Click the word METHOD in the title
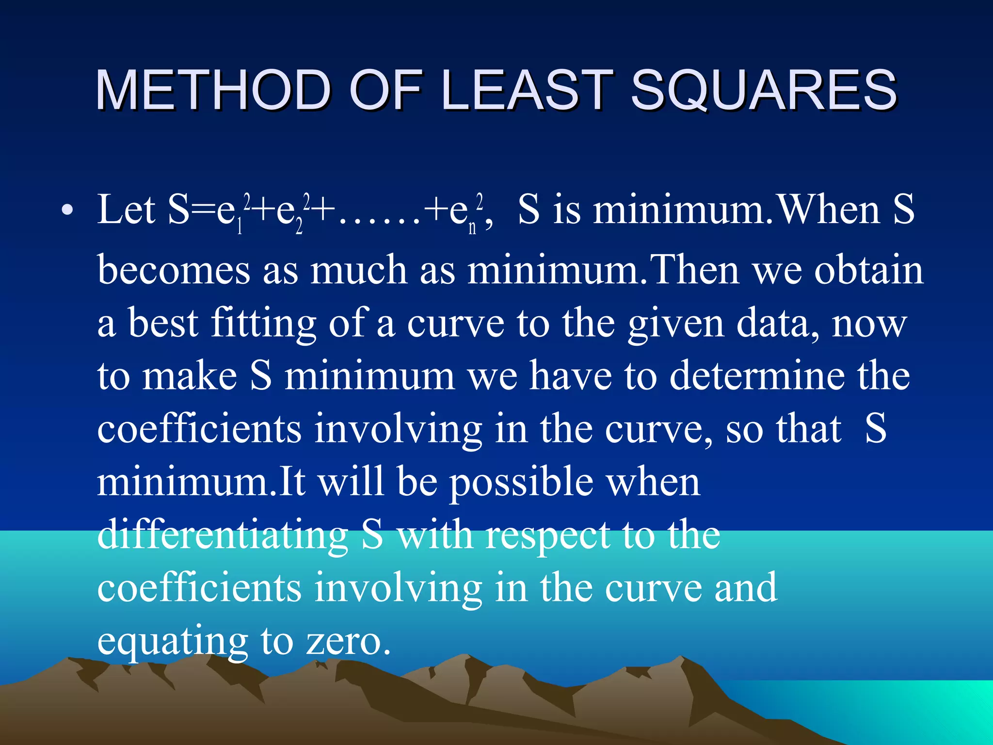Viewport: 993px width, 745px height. (214, 90)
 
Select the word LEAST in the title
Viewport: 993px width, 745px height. (527, 90)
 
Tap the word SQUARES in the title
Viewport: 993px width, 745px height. (763, 90)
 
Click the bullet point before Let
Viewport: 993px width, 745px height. (67, 211)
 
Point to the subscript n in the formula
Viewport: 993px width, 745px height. (472, 228)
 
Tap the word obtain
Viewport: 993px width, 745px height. (868, 270)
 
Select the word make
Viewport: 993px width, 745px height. (189, 376)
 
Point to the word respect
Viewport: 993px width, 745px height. (548, 536)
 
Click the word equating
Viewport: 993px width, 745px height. (173, 641)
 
